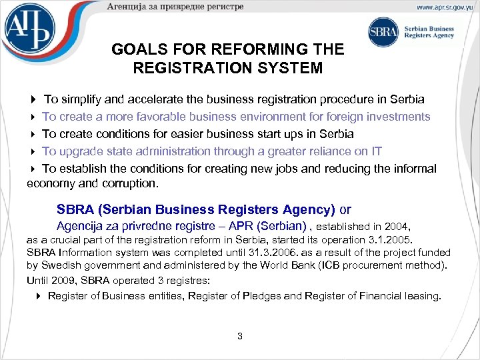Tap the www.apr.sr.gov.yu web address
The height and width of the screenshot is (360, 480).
[446, 7]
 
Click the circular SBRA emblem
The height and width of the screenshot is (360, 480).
[383, 32]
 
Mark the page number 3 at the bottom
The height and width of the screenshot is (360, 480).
[240, 336]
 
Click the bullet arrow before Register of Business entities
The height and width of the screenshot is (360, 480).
[39, 295]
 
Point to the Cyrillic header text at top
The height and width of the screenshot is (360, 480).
[175, 7]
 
